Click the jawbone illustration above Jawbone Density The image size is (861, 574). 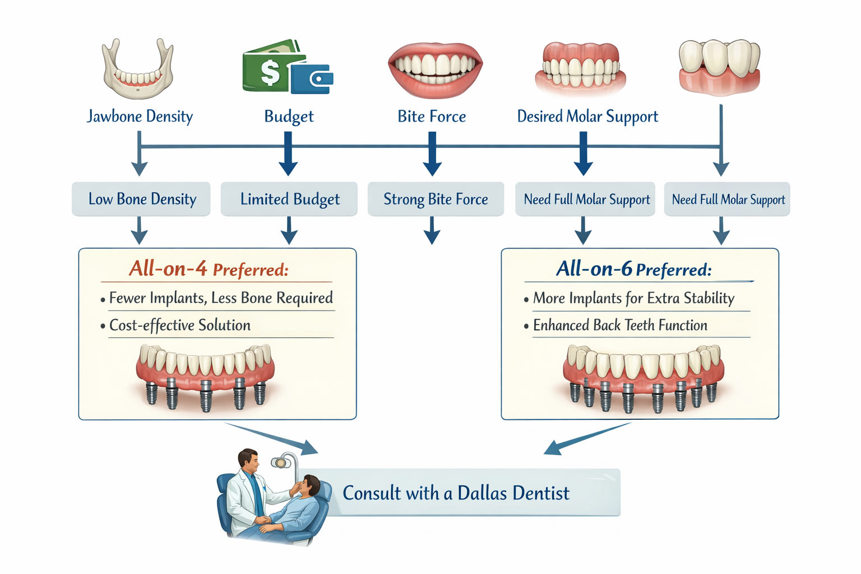pos(138,70)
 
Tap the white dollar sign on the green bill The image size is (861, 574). pos(270,72)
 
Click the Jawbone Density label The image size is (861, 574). pos(140,117)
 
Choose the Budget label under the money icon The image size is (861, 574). pos(289,117)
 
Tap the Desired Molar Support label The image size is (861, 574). pos(587,117)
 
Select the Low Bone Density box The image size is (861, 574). pos(141,199)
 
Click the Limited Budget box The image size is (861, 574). pos(289,199)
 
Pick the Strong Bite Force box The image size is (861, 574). pos(436,199)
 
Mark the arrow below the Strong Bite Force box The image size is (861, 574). pos(432,232)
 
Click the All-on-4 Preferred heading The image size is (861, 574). pos(209,269)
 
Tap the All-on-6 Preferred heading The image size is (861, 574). pos(633,269)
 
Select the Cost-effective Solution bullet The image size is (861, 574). pos(179,325)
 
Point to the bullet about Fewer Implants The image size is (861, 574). pos(220,298)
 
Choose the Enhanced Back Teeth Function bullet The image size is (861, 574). pos(619,325)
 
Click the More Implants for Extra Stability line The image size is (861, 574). pos(633,298)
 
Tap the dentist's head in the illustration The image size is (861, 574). pos(247,460)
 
